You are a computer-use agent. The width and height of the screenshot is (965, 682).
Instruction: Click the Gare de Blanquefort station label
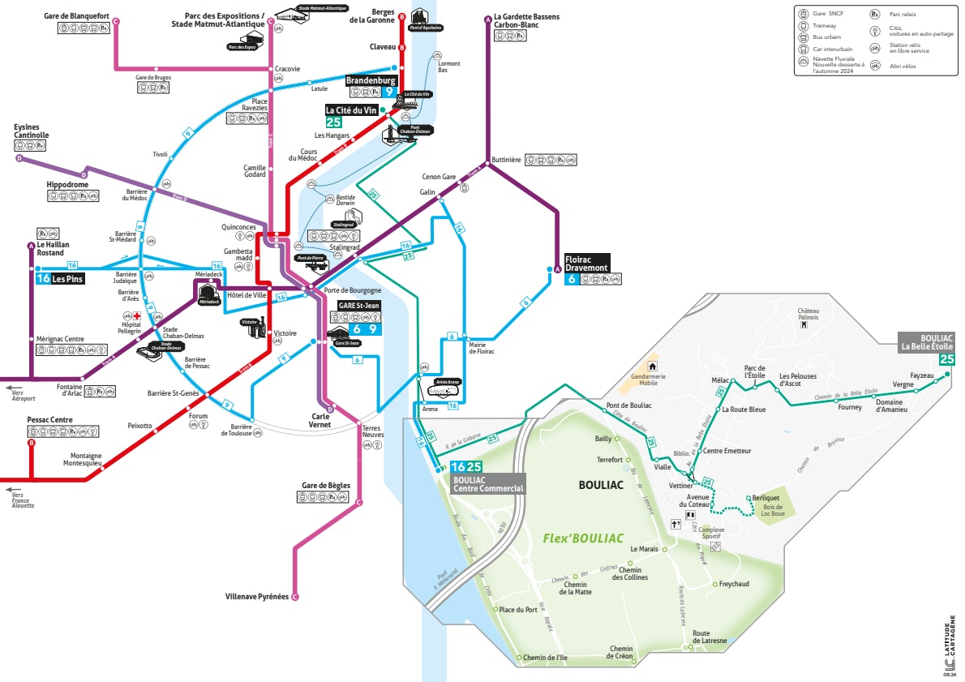76,16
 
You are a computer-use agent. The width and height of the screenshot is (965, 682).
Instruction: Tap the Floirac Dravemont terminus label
587,263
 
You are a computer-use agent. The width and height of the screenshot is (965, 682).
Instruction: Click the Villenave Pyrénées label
257,597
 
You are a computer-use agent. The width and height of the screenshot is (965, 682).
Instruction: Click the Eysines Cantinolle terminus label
32,131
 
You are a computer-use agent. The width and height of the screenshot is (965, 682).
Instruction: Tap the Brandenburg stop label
371,81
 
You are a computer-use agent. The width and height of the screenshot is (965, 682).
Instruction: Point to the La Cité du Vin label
351,110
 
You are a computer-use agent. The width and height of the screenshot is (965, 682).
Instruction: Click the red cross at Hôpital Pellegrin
137,315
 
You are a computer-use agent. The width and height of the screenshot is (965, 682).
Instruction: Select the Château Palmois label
808,314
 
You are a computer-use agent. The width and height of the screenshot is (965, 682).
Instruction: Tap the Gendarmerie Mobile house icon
651,367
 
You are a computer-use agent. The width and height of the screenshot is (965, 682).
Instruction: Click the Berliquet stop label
766,497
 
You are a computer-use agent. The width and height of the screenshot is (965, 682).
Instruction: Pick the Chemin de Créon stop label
621,652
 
